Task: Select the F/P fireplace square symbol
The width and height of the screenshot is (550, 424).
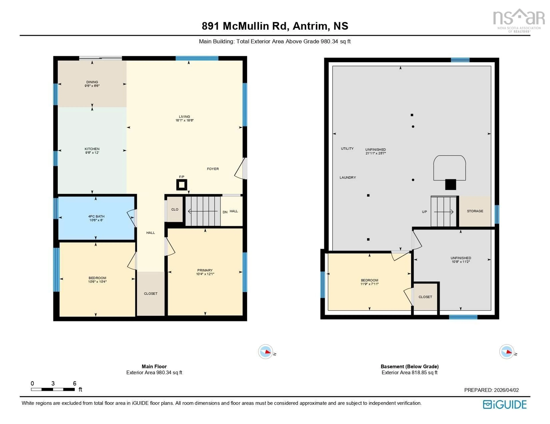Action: [x=182, y=185]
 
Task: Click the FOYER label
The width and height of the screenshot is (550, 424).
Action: [x=213, y=169]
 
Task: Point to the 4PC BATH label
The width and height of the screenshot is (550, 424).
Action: [x=96, y=216]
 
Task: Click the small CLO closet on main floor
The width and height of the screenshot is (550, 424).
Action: [x=175, y=209]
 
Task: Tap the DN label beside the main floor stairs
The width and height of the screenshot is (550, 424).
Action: [x=225, y=212]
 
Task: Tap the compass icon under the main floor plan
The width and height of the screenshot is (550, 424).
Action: [x=265, y=351]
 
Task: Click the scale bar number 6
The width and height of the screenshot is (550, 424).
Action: [x=74, y=383]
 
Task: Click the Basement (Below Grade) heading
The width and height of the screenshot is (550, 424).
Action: [x=409, y=366]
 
